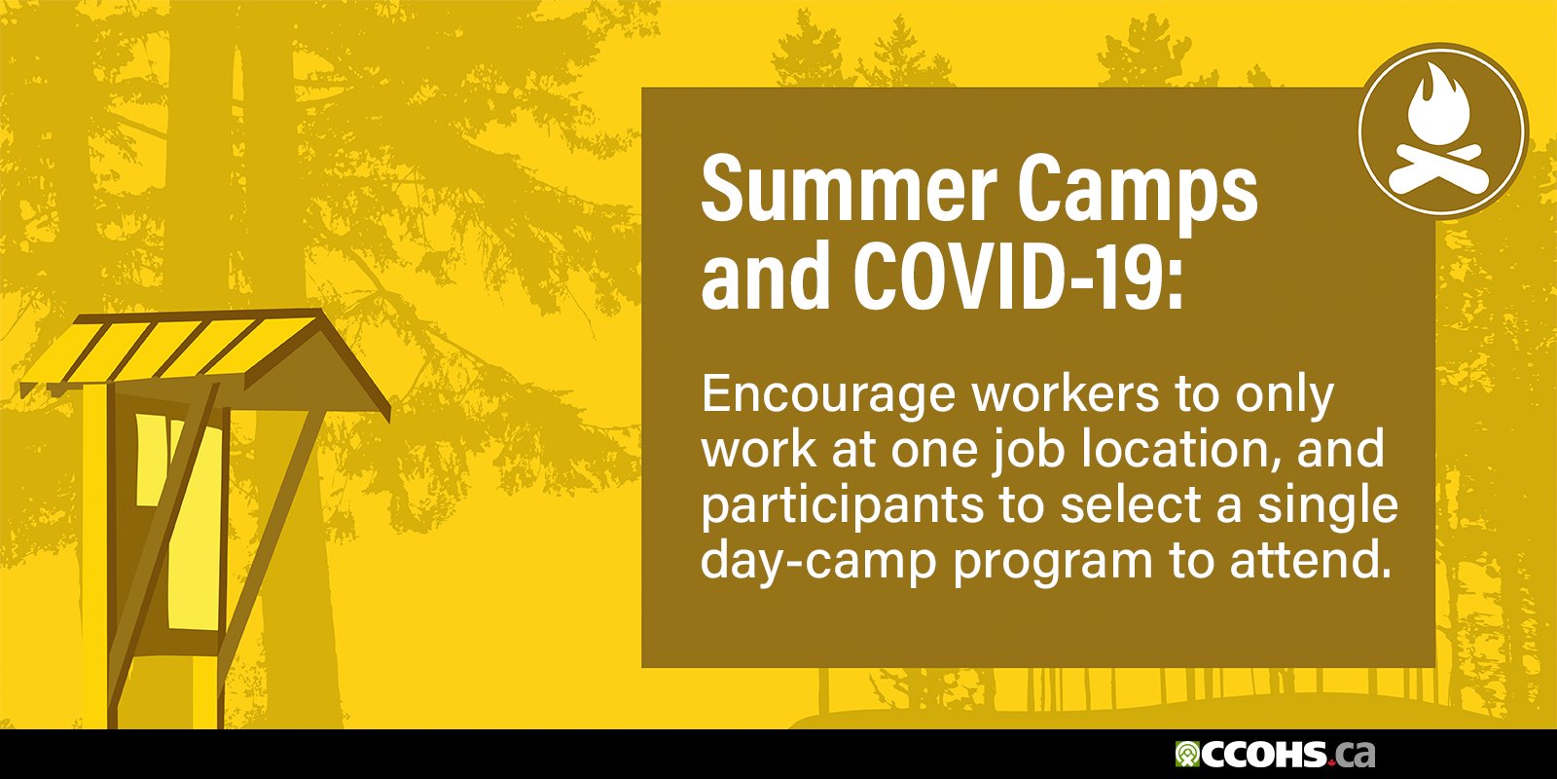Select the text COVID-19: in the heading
point(1020,278)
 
